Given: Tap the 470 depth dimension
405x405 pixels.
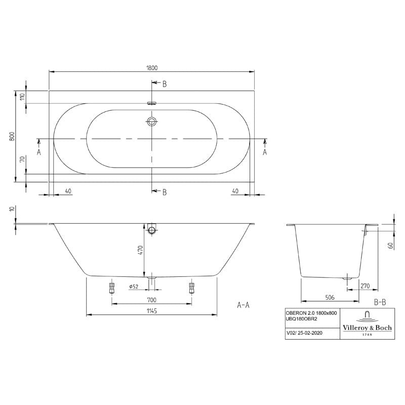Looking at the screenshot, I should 141,250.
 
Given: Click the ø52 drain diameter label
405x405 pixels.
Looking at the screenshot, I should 134,287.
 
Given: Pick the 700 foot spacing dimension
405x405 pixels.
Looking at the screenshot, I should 151,300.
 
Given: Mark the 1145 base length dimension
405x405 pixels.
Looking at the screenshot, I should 151,311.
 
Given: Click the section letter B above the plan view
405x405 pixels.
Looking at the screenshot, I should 164,85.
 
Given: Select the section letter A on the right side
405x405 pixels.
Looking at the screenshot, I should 264,151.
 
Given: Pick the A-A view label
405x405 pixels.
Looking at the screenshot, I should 243,305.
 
